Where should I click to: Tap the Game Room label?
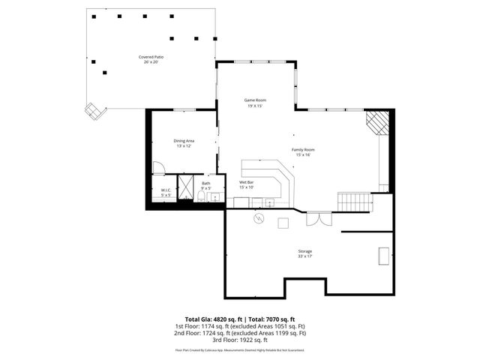pyautogui.click(x=255, y=100)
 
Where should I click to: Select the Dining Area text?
pyautogui.click(x=184, y=141)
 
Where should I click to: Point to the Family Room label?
pyautogui.click(x=303, y=150)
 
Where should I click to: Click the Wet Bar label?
pyautogui.click(x=247, y=182)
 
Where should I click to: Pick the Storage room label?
pyautogui.click(x=304, y=251)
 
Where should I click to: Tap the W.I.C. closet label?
pyautogui.click(x=166, y=190)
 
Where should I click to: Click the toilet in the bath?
pyautogui.click(x=202, y=196)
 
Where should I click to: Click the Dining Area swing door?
pyautogui.click(x=158, y=168)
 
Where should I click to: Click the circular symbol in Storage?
pyautogui.click(x=259, y=219)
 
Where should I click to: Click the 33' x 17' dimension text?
pyautogui.click(x=304, y=256)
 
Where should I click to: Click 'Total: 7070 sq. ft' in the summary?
pyautogui.click(x=271, y=319)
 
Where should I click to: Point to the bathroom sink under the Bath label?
pyautogui.click(x=214, y=198)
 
